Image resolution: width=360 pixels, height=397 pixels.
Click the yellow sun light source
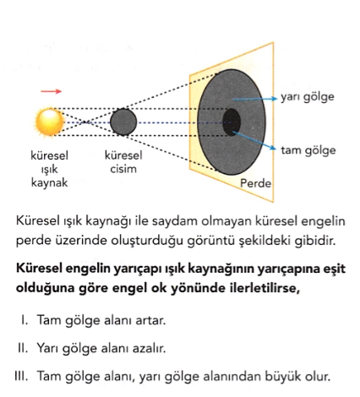(50, 122)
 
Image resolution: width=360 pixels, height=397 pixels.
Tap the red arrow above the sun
(51, 91)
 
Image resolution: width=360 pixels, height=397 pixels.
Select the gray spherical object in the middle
(123, 122)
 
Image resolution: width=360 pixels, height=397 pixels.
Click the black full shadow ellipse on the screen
(232, 122)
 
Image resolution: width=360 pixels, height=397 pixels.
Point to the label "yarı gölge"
(308, 97)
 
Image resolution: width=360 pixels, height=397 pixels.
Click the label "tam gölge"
(308, 150)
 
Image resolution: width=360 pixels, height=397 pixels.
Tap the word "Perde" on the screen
(255, 183)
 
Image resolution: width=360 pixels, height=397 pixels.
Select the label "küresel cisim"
(123, 162)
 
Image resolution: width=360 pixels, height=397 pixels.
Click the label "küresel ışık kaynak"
(49, 169)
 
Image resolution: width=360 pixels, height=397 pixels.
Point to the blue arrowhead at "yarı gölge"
(275, 99)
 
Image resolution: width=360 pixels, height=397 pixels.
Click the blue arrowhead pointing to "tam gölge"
(273, 148)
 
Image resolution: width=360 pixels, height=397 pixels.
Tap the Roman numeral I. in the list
(25, 320)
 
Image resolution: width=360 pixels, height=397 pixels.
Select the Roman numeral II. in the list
(23, 348)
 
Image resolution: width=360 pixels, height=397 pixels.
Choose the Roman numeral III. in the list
(21, 376)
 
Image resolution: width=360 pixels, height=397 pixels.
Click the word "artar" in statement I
(150, 320)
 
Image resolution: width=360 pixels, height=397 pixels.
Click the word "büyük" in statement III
(281, 377)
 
